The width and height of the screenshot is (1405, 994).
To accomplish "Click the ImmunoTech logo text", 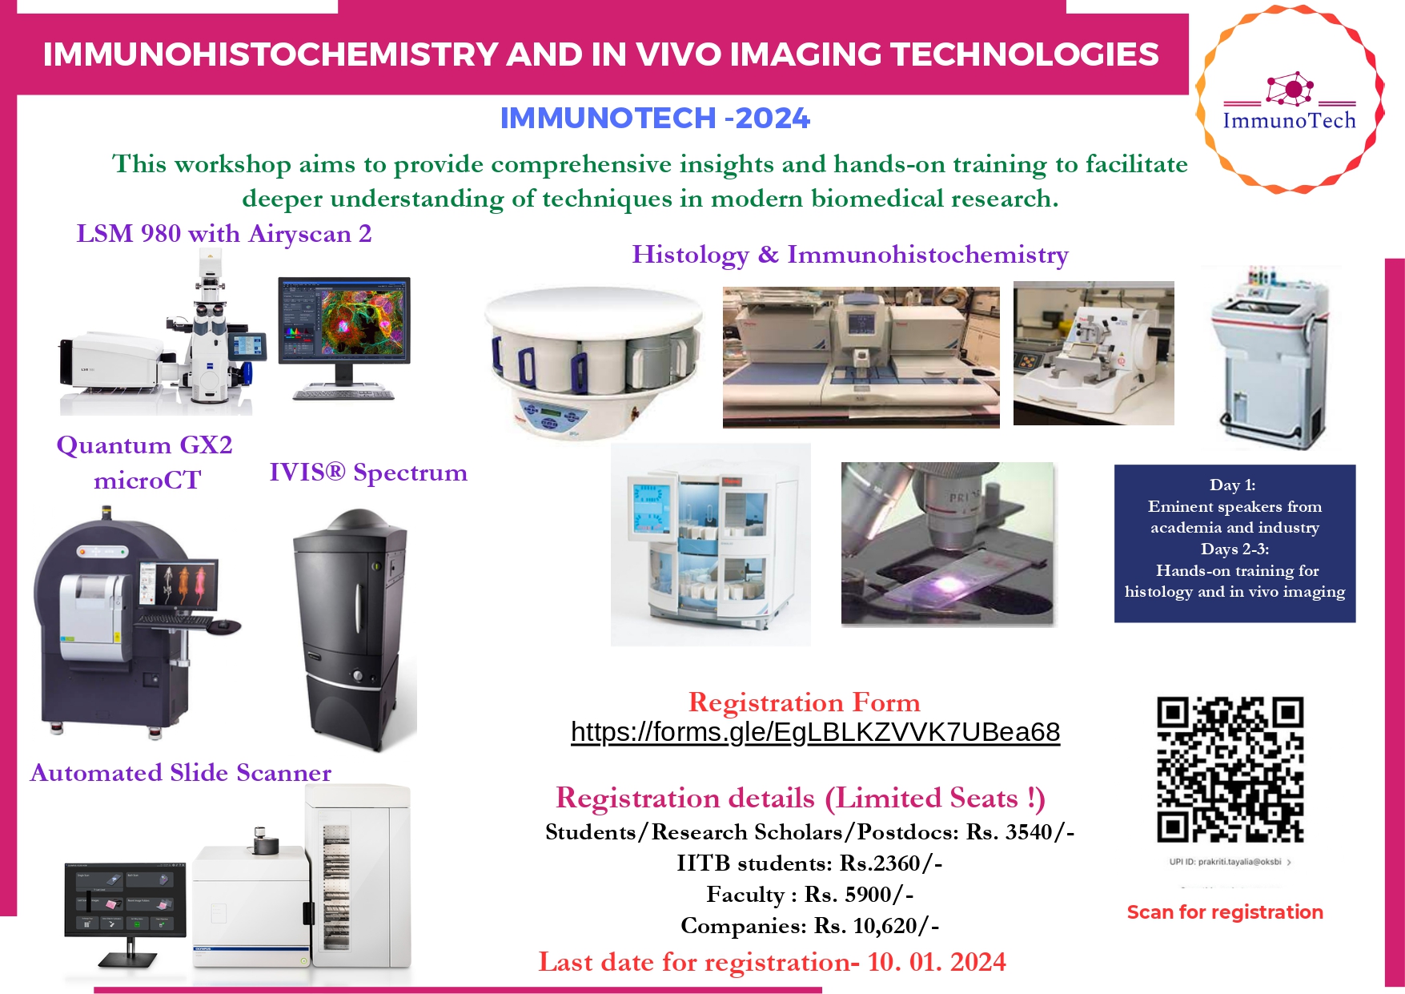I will pyautogui.click(x=1289, y=121).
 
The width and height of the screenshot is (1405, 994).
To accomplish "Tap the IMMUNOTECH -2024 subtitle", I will pyautogui.click(x=655, y=119).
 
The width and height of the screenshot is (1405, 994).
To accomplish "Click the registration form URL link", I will pyautogui.click(x=815, y=732).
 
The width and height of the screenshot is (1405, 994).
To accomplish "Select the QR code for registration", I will pyautogui.click(x=1230, y=769).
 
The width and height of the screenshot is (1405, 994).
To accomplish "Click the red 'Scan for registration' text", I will pyautogui.click(x=1224, y=912).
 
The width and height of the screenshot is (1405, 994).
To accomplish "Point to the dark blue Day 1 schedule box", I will pyautogui.click(x=1234, y=543).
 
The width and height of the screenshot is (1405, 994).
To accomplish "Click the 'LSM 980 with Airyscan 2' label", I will pyautogui.click(x=223, y=234).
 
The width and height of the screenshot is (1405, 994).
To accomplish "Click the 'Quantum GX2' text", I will pyautogui.click(x=144, y=445).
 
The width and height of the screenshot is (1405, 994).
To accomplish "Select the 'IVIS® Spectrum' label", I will pyautogui.click(x=368, y=473).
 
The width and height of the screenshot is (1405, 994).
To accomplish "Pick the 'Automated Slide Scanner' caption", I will pyautogui.click(x=181, y=773).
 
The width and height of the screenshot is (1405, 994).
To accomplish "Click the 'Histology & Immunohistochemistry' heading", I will pyautogui.click(x=849, y=255).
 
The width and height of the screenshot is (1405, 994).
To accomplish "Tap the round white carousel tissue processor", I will pyautogui.click(x=592, y=360).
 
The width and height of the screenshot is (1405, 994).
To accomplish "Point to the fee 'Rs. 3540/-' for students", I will pyautogui.click(x=1020, y=832).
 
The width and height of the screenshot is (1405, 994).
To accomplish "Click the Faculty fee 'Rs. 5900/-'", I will pyautogui.click(x=859, y=895).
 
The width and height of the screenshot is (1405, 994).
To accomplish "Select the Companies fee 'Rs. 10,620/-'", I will pyautogui.click(x=877, y=926).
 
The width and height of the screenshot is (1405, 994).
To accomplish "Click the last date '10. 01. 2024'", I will pyautogui.click(x=937, y=962).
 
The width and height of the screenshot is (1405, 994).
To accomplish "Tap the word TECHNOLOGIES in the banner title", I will pyautogui.click(x=1025, y=54).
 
